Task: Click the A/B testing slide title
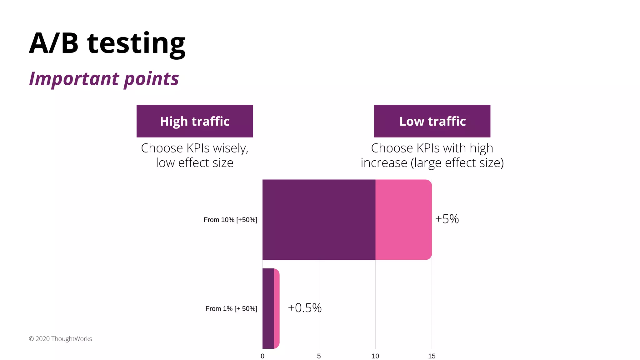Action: pyautogui.click(x=107, y=44)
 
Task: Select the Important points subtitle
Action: pyautogui.click(x=104, y=78)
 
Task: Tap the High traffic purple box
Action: pyautogui.click(x=195, y=121)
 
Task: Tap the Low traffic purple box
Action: pyautogui.click(x=432, y=121)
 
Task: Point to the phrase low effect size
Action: pyautogui.click(x=195, y=163)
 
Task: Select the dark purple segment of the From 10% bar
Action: pyautogui.click(x=319, y=219)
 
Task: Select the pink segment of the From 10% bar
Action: pyautogui.click(x=403, y=219)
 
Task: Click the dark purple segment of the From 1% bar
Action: pyautogui.click(x=268, y=308)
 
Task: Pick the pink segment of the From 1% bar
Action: pyautogui.click(x=277, y=308)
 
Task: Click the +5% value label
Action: pyautogui.click(x=447, y=219)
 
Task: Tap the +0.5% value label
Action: pyautogui.click(x=305, y=308)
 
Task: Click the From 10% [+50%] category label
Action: pyautogui.click(x=230, y=220)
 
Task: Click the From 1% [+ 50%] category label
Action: pyautogui.click(x=231, y=308)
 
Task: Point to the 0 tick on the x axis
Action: pyautogui.click(x=262, y=356)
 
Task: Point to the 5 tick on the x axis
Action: pyautogui.click(x=319, y=356)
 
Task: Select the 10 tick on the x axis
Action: pyautogui.click(x=375, y=356)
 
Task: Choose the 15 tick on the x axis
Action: pyautogui.click(x=432, y=356)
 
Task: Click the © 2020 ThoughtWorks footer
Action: pyautogui.click(x=60, y=339)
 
